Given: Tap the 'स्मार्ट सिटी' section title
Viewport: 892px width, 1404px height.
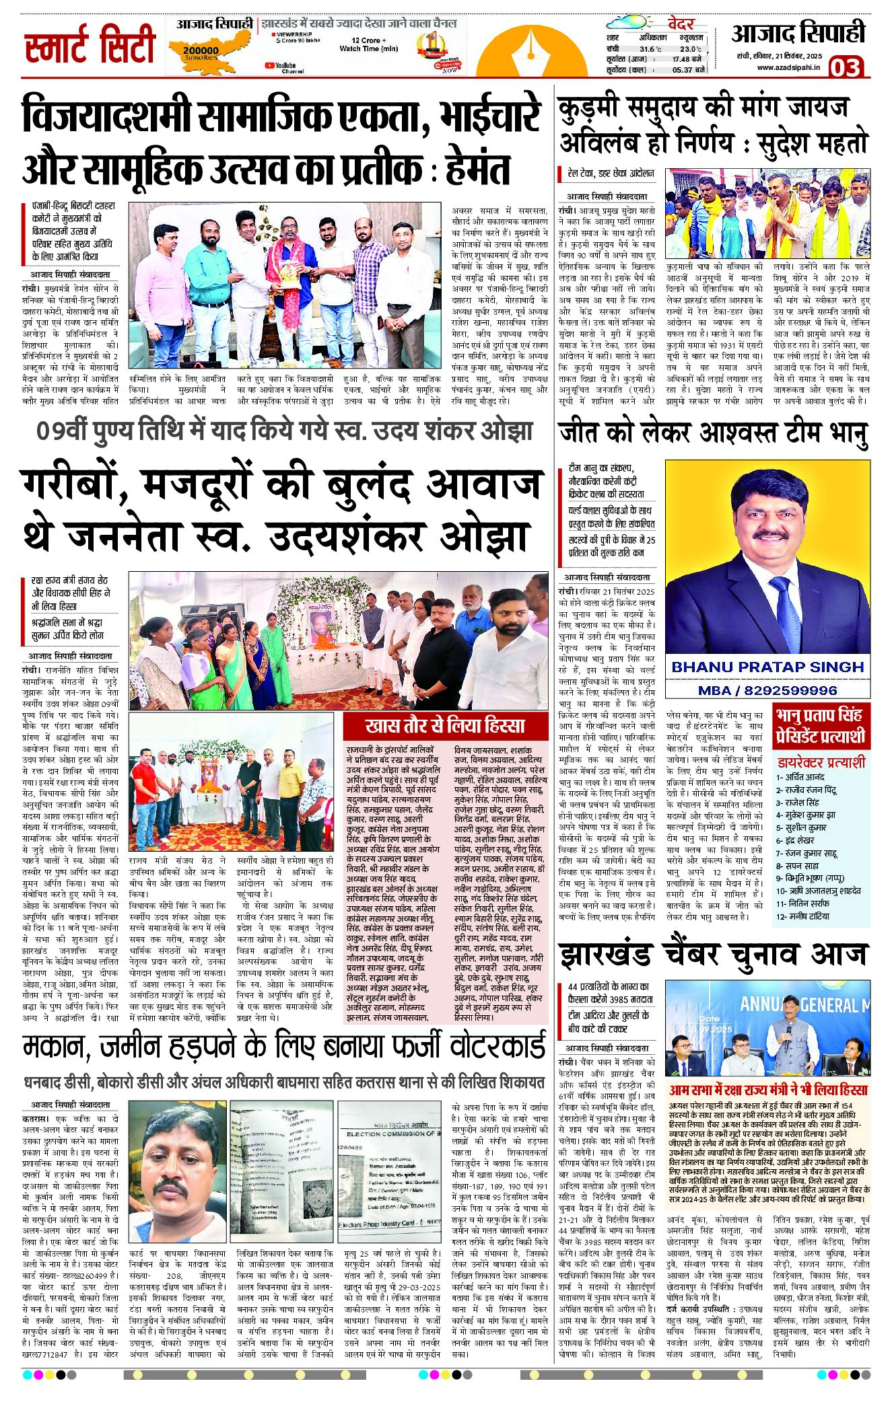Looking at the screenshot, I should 90,46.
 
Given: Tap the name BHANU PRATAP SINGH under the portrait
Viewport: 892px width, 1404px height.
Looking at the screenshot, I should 767,667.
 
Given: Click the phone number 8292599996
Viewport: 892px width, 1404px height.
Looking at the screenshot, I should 767,690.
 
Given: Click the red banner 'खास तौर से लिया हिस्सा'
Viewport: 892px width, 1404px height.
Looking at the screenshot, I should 444,725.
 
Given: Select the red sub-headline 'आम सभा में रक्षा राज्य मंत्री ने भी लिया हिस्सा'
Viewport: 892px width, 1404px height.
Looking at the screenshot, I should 767,1089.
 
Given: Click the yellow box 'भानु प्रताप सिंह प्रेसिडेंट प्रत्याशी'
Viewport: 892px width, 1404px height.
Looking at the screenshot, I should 819,725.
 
